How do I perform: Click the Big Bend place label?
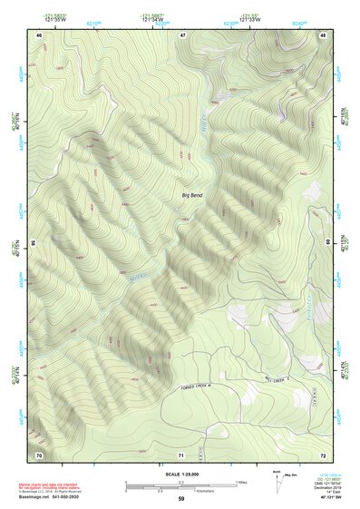(x=192, y=195)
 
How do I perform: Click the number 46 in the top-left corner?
(x=39, y=34)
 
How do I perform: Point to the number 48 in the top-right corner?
(x=323, y=34)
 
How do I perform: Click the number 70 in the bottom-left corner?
(x=39, y=454)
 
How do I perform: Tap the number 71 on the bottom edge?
(x=181, y=454)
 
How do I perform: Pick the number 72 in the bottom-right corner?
(x=323, y=454)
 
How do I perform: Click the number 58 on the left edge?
(x=34, y=243)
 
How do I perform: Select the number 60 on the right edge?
(x=328, y=243)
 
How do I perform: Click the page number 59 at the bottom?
(x=181, y=499)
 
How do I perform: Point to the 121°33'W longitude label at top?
(x=250, y=19)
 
